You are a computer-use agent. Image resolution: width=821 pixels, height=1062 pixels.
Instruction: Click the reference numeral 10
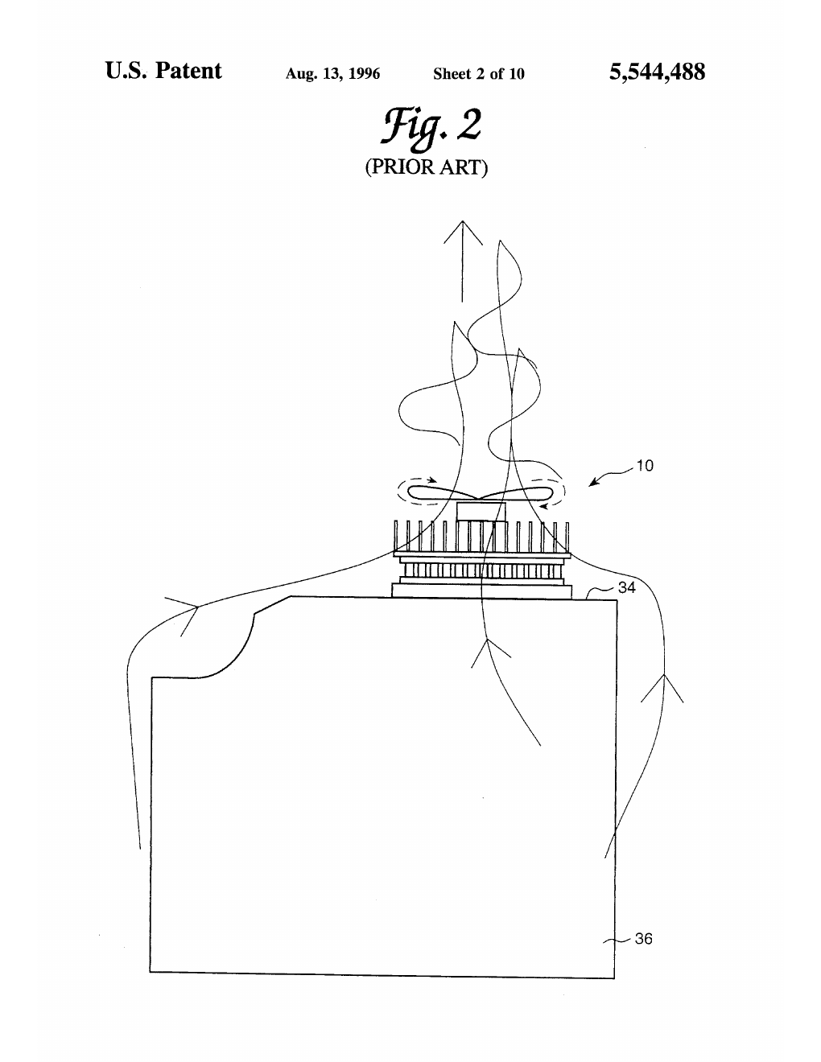click(x=645, y=466)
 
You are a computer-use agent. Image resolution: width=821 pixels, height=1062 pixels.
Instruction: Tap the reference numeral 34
click(x=627, y=587)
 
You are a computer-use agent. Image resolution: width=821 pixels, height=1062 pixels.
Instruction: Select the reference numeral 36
click(x=643, y=938)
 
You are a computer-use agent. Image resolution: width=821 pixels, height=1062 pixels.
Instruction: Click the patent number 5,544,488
click(x=657, y=72)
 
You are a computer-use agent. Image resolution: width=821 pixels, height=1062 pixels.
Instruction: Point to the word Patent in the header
click(x=188, y=71)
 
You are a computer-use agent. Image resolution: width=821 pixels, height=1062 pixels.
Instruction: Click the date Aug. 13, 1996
click(x=332, y=74)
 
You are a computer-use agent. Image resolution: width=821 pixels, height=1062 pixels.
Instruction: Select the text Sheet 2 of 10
click(x=479, y=74)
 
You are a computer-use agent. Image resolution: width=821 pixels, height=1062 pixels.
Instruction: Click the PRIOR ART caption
click(x=427, y=167)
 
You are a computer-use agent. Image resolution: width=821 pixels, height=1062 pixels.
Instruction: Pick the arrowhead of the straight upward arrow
click(x=463, y=233)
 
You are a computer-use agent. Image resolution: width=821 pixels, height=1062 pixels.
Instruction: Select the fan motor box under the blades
click(x=481, y=511)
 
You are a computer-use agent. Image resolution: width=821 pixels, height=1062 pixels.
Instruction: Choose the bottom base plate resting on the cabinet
click(x=481, y=591)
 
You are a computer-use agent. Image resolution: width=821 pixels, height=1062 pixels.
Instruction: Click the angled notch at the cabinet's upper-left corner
click(x=272, y=604)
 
